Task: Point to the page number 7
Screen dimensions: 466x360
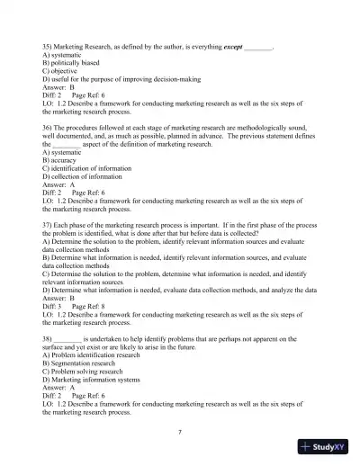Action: tap(180, 433)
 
